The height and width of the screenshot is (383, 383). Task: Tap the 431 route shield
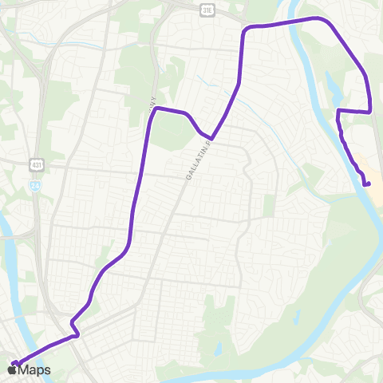pos(37,164)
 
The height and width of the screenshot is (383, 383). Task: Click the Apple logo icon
pos(11,369)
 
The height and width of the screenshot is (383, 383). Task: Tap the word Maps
pos(34,369)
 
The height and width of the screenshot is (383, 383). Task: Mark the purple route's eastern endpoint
pos(368,184)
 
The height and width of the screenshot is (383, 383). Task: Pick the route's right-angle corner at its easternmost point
pos(370,110)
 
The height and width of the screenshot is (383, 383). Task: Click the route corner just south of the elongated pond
pos(339,110)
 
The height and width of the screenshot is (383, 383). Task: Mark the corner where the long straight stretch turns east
pos(156,108)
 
